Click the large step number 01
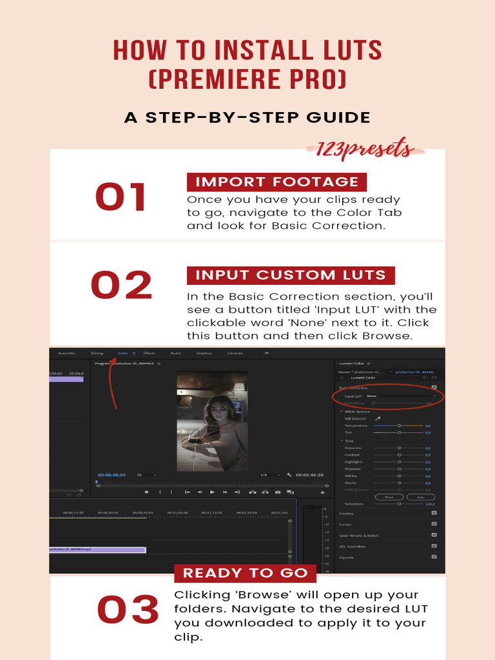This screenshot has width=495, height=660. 121,197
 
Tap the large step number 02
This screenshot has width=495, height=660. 121,286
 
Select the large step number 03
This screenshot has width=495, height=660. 128,610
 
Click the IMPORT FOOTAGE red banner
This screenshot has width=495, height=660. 277,182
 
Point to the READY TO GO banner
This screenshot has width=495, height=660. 245,573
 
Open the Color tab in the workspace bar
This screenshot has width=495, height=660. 122,353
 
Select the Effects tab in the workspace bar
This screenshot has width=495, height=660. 149,353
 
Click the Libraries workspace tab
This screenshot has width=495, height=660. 235,353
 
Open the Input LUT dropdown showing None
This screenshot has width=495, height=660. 400,396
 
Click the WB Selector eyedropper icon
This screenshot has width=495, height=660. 378,418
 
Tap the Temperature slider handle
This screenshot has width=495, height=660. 399,425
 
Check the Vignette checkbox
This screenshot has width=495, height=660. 434,557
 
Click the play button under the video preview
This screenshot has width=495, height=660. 212,492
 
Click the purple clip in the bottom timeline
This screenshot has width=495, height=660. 97,550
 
